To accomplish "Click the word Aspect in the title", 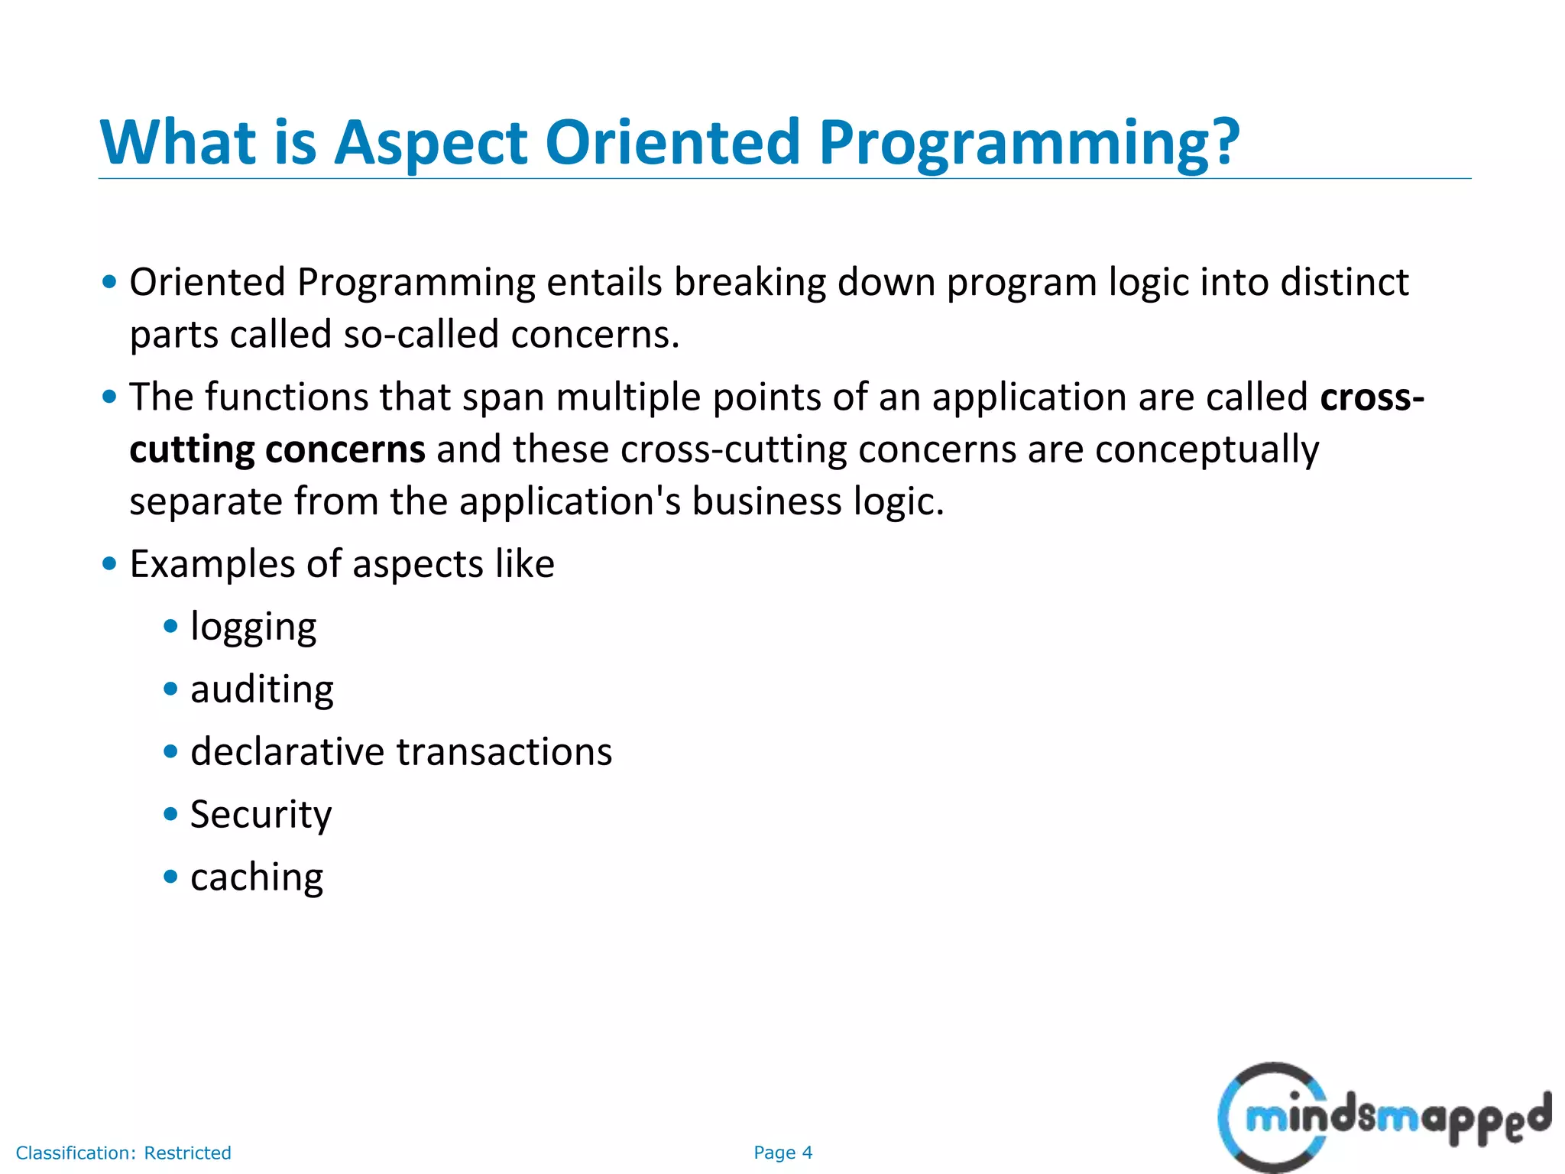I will click(431, 143).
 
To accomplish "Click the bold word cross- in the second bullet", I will click(1372, 397).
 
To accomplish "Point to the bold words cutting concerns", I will click(277, 449).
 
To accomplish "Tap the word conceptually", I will click(1207, 449).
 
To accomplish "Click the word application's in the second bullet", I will click(570, 502).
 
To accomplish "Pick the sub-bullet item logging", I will click(253, 628).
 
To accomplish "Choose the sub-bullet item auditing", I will click(261, 690).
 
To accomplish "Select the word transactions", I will click(504, 752).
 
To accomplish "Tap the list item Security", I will click(261, 815).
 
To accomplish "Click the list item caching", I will click(256, 877).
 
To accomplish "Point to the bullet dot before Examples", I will click(109, 564).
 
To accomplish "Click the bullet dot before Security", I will click(170, 814).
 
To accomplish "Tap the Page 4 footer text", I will click(782, 1153).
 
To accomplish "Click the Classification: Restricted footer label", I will click(123, 1153).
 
